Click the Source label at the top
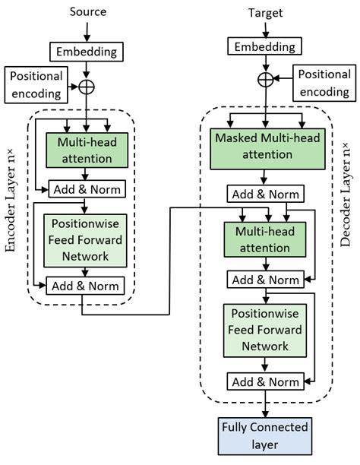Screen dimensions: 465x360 tap(88, 12)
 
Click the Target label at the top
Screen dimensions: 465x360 tap(265, 13)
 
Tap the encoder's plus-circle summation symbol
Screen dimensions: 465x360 tap(87, 86)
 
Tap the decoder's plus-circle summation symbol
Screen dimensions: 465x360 tap(265, 78)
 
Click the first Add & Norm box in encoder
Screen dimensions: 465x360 tap(86, 188)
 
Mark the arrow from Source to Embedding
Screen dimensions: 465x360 tap(88, 30)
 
